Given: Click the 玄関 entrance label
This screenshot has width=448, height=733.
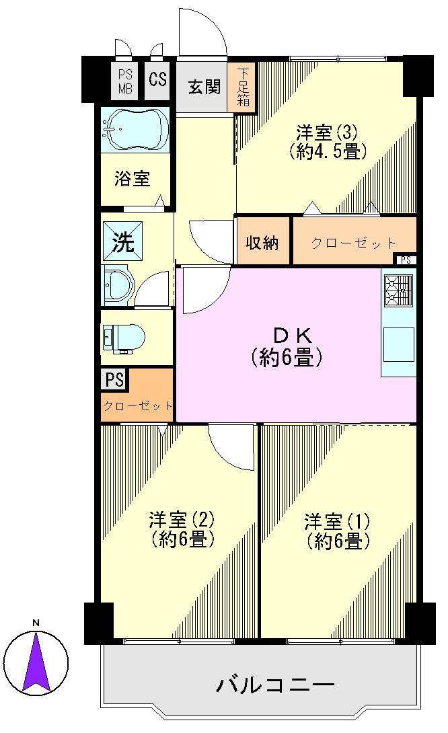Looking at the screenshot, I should coord(204,87).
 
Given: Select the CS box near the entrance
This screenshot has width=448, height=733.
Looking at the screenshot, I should coord(158,80).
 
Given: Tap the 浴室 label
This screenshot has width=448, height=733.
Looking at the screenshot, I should coord(133,178).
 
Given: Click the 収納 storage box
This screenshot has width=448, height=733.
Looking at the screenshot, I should coord(262,242).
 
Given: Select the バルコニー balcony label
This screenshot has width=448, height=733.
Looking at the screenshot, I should coord(276,686).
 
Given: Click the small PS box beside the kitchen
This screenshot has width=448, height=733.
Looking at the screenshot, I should coord(405,260).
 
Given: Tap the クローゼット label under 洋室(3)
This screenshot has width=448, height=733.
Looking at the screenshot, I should coord(353,243).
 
